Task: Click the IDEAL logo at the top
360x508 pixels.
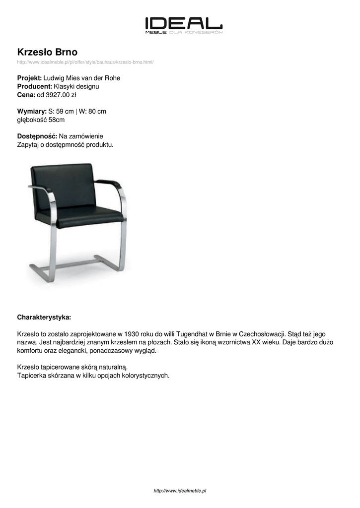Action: [184, 25]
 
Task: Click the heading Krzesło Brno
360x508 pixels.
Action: [47, 52]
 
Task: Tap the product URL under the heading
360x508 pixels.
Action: [85, 62]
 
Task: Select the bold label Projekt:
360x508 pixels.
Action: [29, 78]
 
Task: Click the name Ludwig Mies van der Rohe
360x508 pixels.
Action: [82, 78]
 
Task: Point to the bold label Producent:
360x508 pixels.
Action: [34, 86]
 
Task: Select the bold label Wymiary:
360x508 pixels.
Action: [32, 111]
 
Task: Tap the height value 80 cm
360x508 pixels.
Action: [97, 111]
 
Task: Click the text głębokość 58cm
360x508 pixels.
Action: [41, 120]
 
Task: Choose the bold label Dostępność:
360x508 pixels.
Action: [37, 136]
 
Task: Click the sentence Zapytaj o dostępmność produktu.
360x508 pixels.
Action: [66, 144]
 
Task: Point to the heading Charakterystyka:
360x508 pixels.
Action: [44, 317]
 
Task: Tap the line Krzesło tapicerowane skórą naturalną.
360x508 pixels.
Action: [72, 367]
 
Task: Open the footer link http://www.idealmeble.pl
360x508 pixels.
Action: [180, 491]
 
